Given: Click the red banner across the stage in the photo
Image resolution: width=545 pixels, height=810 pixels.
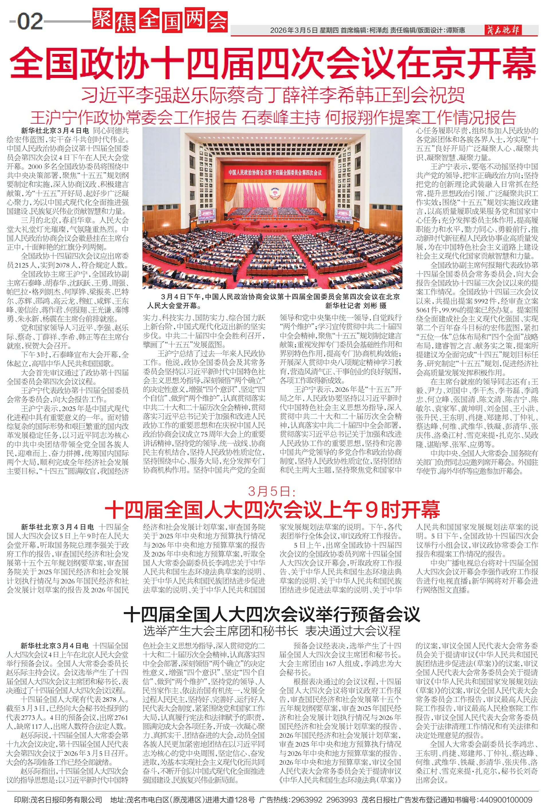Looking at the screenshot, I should (275, 172).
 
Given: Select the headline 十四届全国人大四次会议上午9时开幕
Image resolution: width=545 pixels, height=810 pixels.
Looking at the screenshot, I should (272, 510).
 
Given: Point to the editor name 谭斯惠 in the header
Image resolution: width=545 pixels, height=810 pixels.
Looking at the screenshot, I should (455, 31).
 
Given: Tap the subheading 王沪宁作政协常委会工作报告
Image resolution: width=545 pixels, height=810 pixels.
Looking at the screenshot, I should (133, 118).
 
